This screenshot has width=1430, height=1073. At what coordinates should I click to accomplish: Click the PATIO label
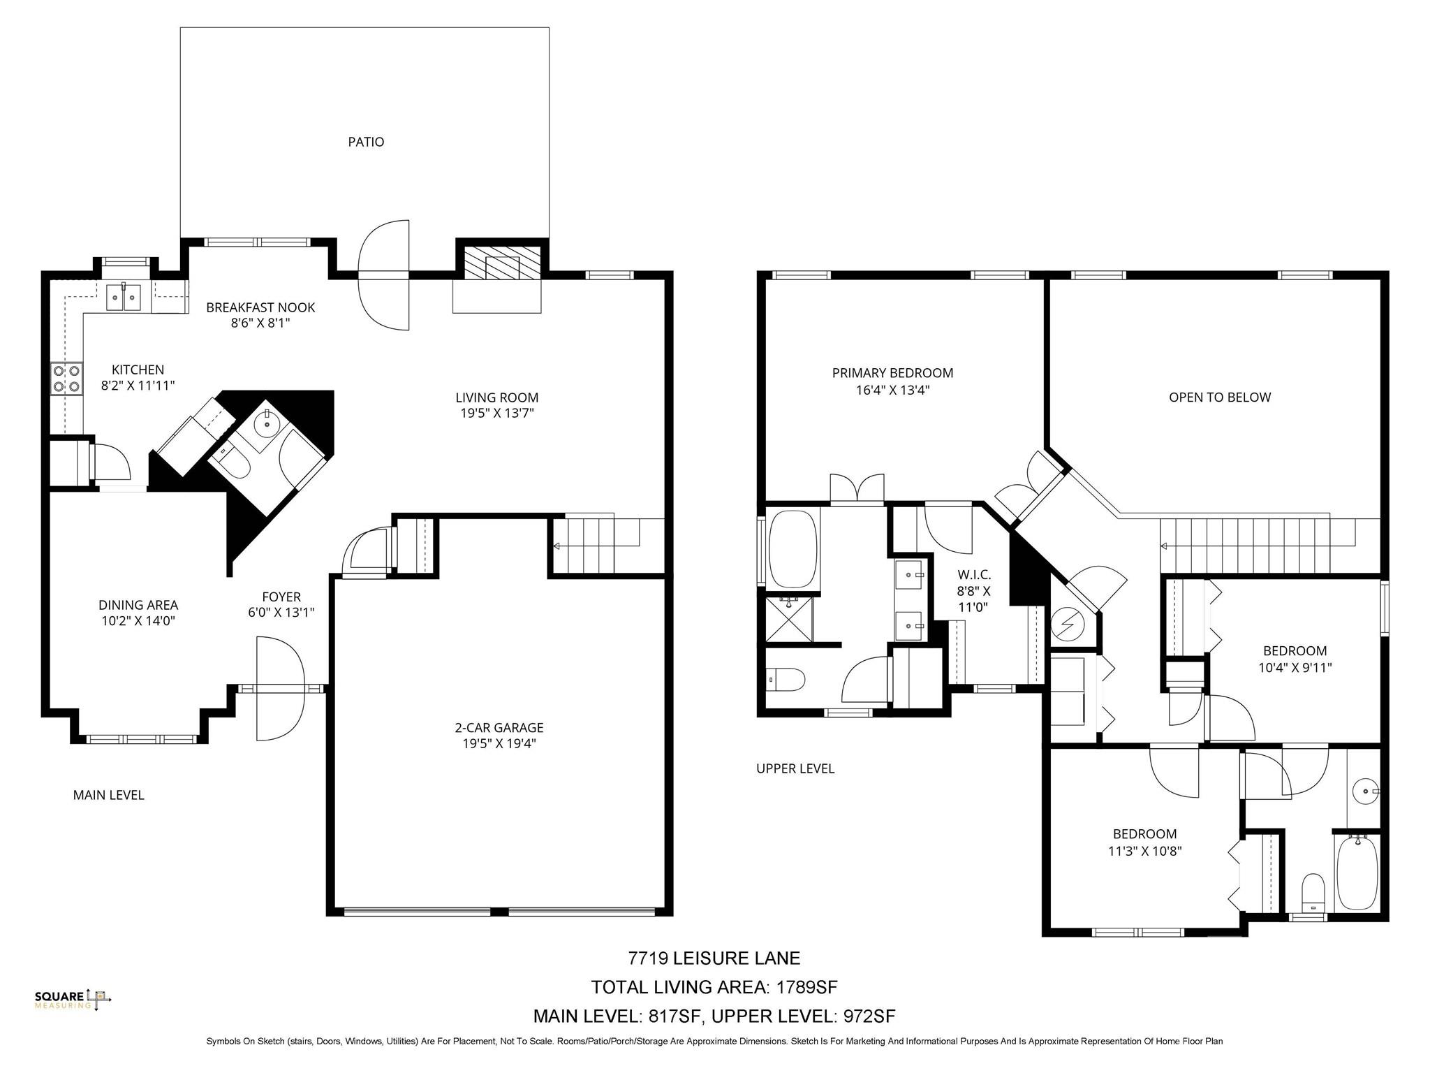tap(366, 142)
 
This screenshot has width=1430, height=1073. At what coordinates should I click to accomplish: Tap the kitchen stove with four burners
tap(66, 379)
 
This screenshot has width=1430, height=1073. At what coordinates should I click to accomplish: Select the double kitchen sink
tap(123, 297)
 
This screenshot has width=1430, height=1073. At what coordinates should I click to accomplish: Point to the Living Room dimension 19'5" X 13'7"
tap(496, 413)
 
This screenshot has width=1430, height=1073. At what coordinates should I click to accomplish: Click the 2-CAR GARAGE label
tap(499, 728)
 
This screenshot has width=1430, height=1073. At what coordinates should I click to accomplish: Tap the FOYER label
tap(281, 597)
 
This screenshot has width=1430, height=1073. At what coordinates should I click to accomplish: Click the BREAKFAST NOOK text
tap(260, 307)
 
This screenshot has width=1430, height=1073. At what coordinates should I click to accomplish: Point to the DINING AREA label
tap(138, 605)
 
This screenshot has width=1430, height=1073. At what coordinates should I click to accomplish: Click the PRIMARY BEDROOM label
tap(892, 373)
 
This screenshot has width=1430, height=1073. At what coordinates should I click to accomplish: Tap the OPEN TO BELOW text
tap(1219, 397)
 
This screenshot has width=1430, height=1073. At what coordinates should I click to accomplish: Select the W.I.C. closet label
tap(973, 575)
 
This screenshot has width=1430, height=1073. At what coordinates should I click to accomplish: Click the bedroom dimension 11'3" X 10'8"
tap(1144, 851)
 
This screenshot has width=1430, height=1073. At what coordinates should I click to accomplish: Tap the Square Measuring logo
tap(73, 1000)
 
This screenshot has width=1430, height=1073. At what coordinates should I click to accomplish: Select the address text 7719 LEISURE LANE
tap(714, 958)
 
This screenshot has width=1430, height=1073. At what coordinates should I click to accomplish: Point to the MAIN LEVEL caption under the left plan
tap(108, 795)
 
